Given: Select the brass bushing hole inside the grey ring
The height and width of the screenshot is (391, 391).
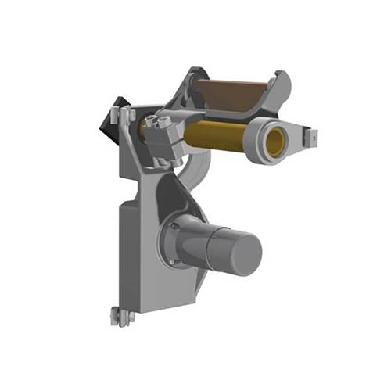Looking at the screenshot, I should coord(274,142).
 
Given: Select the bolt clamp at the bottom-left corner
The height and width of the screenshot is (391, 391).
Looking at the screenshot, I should coord(121,316).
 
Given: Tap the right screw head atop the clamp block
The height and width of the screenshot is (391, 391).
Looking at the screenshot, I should coord(165,122).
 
